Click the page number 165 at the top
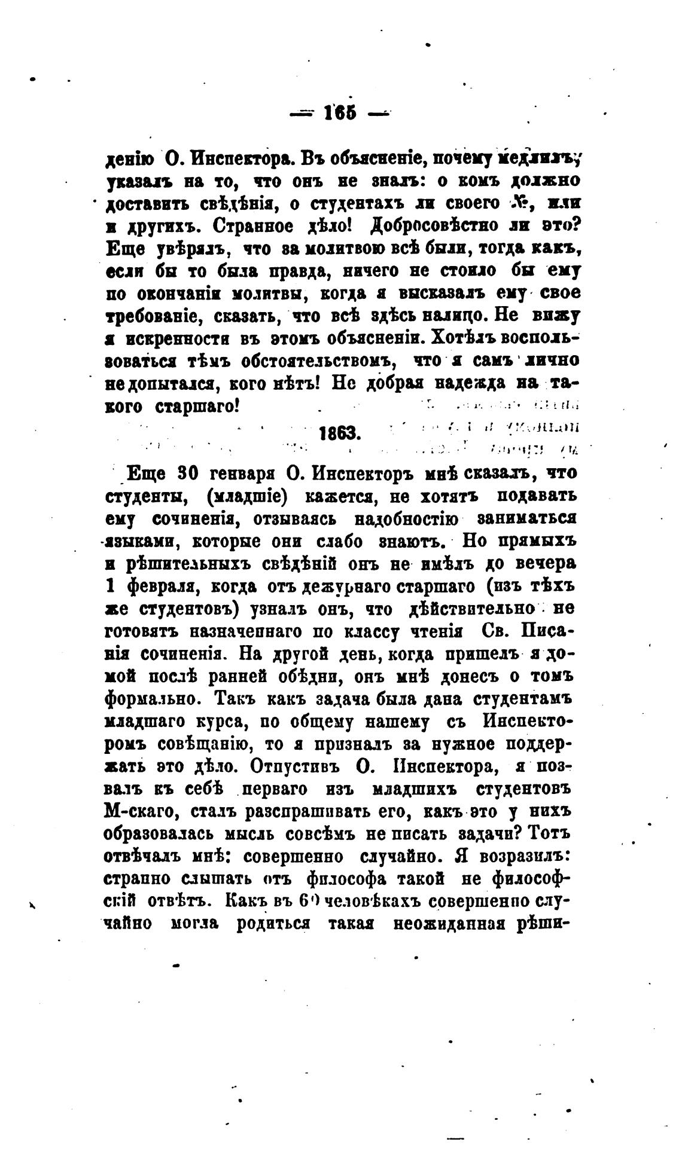pyautogui.click(x=339, y=112)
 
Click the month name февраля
pyautogui.click(x=160, y=587)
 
